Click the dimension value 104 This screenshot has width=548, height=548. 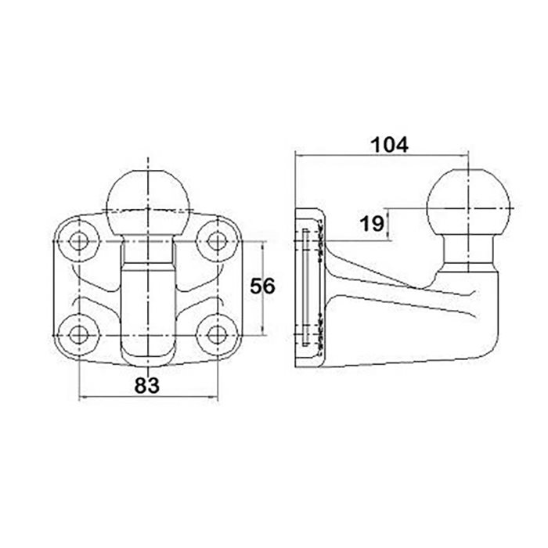click(x=389, y=145)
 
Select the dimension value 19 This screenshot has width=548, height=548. click(x=373, y=224)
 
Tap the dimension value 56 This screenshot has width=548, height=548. click(x=262, y=287)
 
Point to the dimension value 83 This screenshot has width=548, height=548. click(x=147, y=385)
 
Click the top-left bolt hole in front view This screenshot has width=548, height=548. click(x=78, y=241)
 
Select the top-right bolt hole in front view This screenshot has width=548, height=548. click(x=217, y=241)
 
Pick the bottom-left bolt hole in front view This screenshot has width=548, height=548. click(x=78, y=335)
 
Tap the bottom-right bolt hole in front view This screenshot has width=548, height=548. click(x=217, y=335)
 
